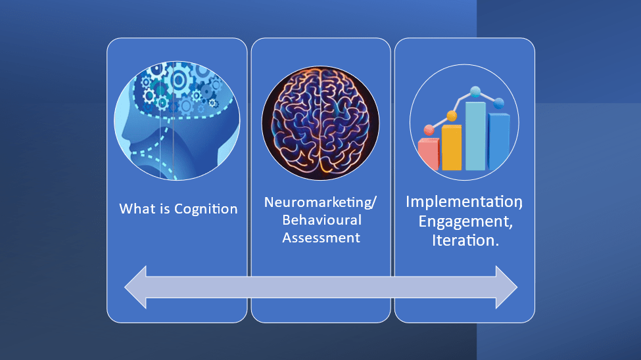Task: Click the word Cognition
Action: [206, 209]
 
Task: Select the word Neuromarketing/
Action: [321, 202]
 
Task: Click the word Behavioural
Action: [321, 220]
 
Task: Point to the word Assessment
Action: [321, 237]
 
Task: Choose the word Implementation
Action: [464, 202]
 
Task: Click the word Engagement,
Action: [465, 221]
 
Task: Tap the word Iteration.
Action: [465, 240]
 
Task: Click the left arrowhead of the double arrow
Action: [135, 287]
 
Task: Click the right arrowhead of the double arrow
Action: [506, 287]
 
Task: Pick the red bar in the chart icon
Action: [429, 154]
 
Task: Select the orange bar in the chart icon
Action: [451, 148]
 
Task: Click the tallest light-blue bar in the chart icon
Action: [475, 136]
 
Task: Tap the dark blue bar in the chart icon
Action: [499, 141]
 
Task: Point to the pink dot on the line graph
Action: [429, 130]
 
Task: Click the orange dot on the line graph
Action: [452, 116]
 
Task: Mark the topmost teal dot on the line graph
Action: [475, 92]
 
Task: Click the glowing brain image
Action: [321, 123]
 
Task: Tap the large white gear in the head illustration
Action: [178, 80]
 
